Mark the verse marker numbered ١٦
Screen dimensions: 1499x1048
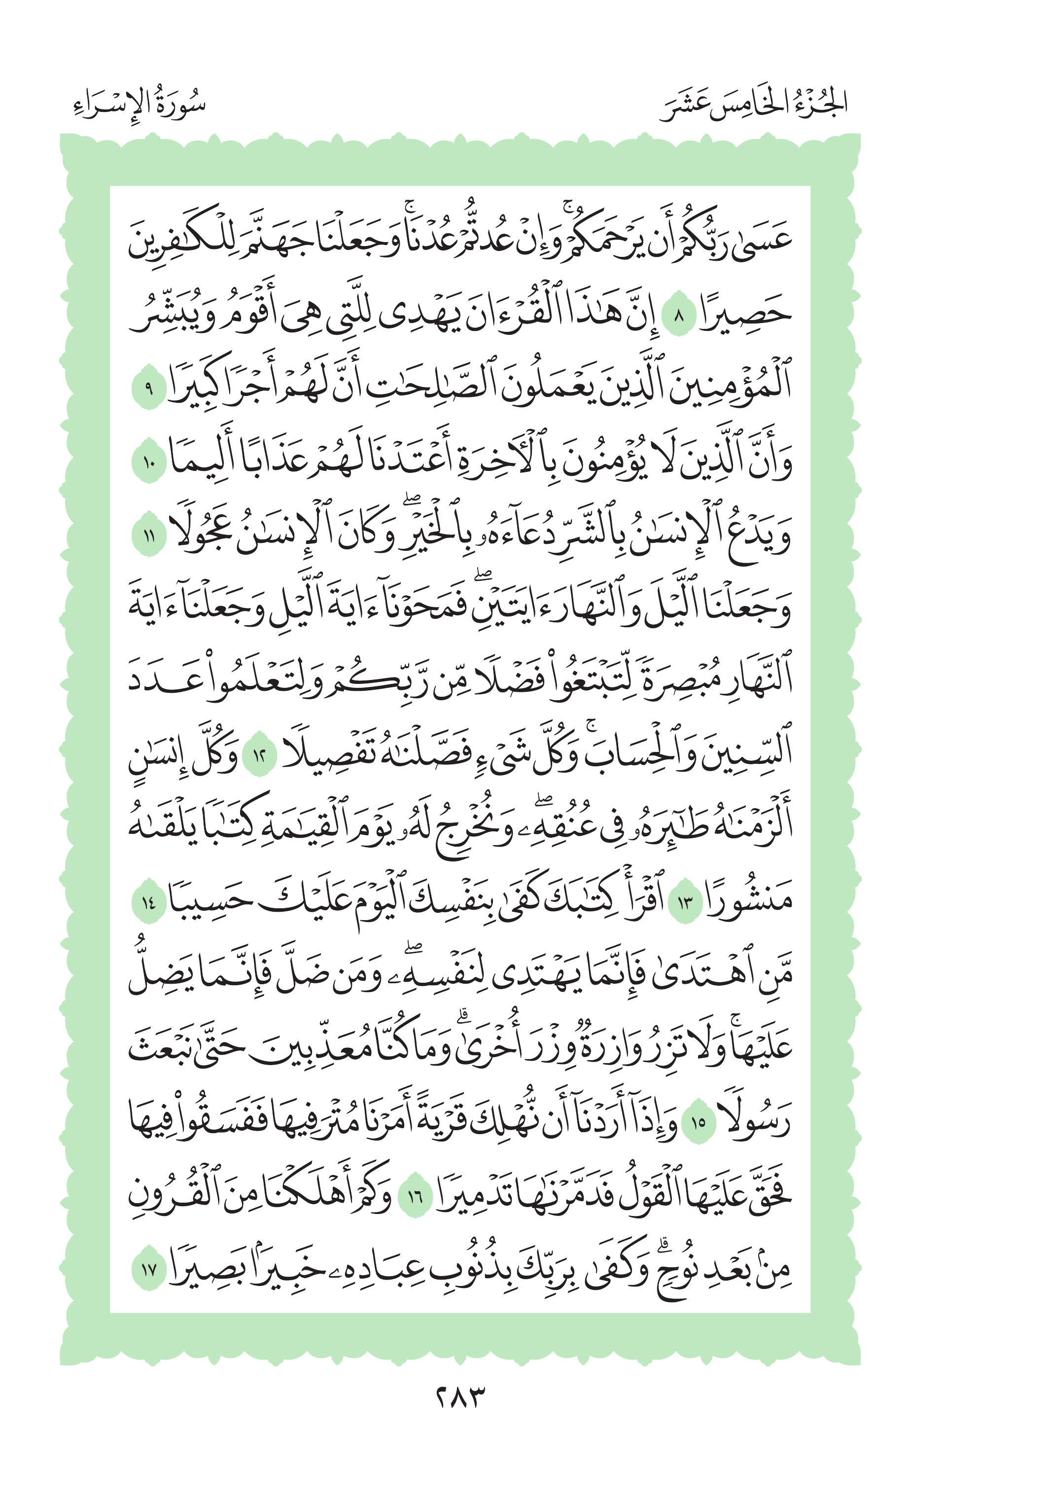[x=415, y=1196]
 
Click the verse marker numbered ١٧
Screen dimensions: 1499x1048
[x=149, y=1269]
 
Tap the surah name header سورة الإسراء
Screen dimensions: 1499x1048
[x=140, y=105]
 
